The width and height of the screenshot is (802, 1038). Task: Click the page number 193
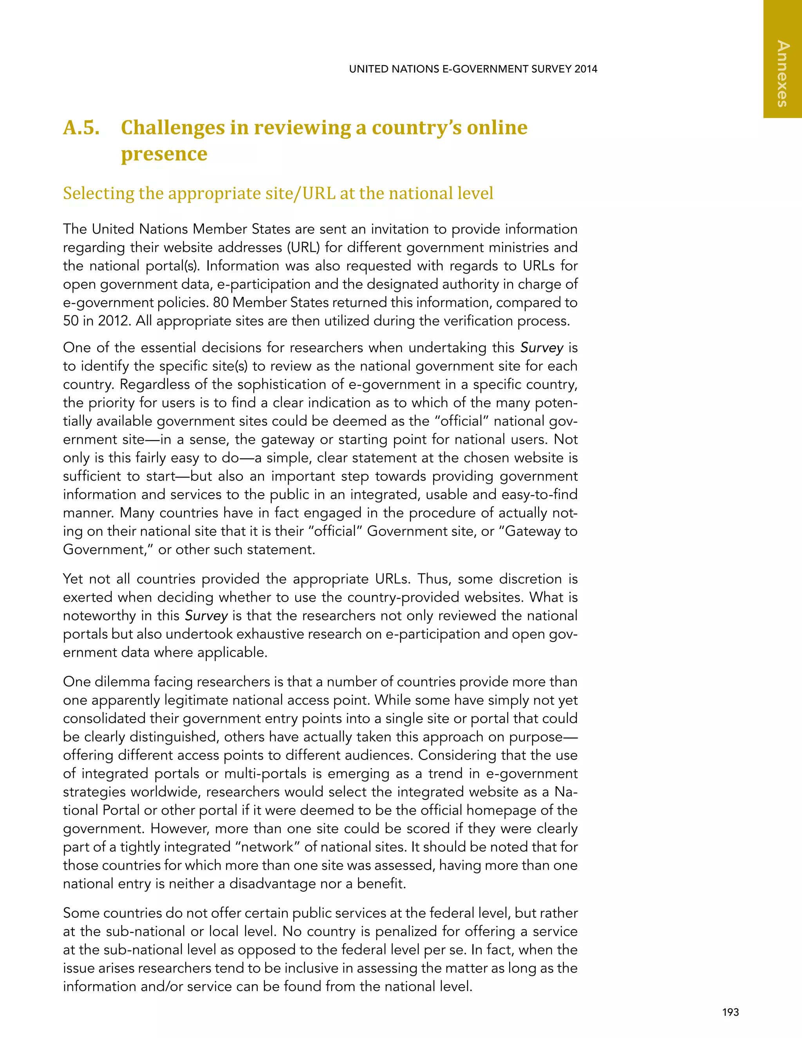coord(730,1012)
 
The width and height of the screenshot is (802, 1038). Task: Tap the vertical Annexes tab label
coord(782,74)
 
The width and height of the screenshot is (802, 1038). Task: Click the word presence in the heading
coord(164,154)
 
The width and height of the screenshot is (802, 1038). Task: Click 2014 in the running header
coord(585,69)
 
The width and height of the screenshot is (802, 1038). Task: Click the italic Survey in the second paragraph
coord(542,348)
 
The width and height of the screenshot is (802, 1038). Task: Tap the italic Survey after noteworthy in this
coord(206,616)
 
